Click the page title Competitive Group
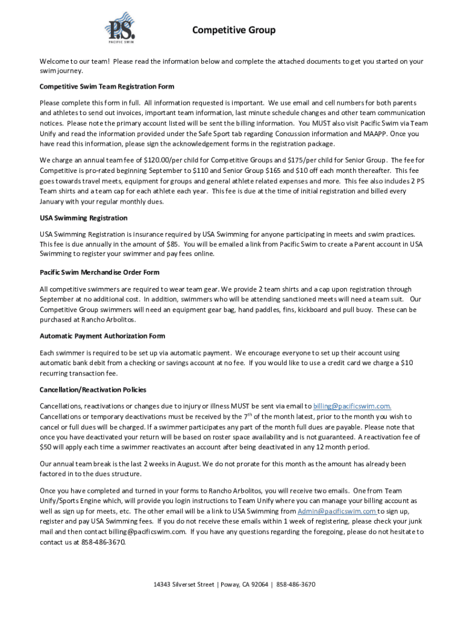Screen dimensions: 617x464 (x=234, y=30)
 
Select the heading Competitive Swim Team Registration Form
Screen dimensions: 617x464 (x=107, y=86)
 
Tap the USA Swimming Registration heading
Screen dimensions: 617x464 (x=83, y=218)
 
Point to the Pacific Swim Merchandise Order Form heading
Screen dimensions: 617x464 (x=99, y=272)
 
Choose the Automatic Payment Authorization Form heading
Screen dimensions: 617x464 (x=102, y=336)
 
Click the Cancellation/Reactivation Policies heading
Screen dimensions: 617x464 (x=93, y=390)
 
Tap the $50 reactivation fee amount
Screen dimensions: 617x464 (x=46, y=447)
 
